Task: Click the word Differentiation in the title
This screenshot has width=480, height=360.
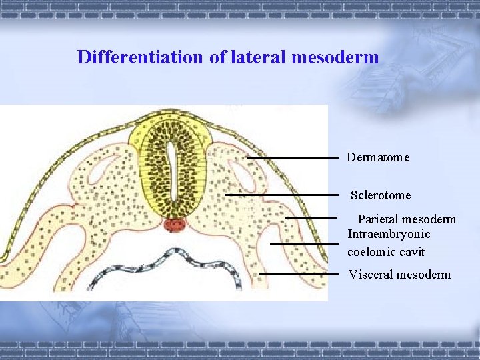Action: coord(141,57)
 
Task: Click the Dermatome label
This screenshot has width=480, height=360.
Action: coord(377,158)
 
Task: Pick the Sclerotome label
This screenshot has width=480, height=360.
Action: coord(381,196)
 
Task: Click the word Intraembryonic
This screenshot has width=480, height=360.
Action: coord(389,234)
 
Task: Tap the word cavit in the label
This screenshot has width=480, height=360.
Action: coord(412,253)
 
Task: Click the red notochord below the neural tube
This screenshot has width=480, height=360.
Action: coord(174,225)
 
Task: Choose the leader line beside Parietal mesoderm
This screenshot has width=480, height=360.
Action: coord(311,217)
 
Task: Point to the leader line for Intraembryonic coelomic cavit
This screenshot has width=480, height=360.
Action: coord(304,244)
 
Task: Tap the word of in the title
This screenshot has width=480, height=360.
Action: coord(217,57)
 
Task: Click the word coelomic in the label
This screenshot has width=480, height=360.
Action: coord(372,253)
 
